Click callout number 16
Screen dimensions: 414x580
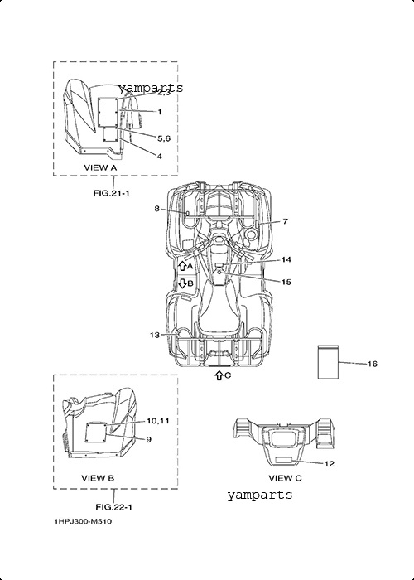pos(373,364)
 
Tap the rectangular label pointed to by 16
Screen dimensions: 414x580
pos(328,362)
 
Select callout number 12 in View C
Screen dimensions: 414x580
pos(330,463)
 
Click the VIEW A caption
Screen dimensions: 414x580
pos(100,167)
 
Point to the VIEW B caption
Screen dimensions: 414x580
pos(98,478)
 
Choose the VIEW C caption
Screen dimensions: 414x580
pos(285,478)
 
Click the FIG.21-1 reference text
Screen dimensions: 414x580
pos(111,193)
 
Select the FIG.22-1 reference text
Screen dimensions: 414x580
pos(114,507)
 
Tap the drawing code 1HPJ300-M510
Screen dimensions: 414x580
pos(83,521)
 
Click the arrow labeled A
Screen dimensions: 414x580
pos(182,266)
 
